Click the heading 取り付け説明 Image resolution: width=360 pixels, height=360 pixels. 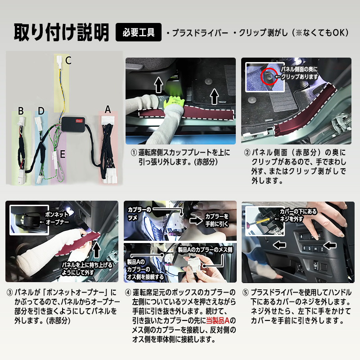61,32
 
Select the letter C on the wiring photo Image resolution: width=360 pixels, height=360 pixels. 68,60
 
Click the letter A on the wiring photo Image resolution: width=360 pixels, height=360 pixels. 107,109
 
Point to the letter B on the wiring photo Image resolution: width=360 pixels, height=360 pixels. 21,110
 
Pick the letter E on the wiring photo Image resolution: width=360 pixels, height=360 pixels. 63,154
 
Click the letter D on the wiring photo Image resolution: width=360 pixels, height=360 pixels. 41,110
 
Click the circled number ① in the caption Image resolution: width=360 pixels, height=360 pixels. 134,152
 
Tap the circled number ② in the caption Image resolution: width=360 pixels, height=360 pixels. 247,152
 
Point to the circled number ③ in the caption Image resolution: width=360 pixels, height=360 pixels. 10,292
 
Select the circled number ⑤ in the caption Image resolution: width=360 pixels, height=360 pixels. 245,292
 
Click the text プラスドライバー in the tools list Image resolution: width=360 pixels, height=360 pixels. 196,33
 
